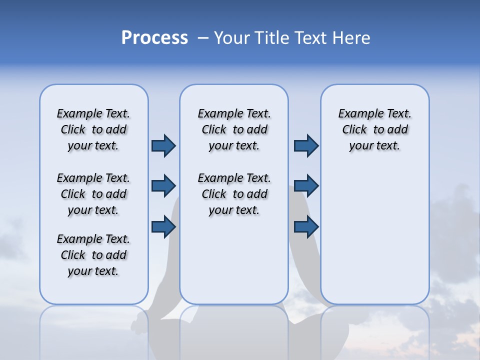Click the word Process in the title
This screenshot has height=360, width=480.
(154, 38)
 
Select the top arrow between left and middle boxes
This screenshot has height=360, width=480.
(163, 145)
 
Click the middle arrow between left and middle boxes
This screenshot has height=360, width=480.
(163, 186)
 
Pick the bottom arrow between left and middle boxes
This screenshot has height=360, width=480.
(163, 226)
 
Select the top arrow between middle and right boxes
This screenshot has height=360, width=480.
(306, 145)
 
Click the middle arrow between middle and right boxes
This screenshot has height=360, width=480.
(306, 186)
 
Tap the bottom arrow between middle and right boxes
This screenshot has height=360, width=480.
(306, 226)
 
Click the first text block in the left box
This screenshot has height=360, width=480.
(93, 129)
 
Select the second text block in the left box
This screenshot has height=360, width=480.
(93, 194)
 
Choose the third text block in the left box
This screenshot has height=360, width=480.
(93, 255)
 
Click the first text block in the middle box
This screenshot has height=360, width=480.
(234, 129)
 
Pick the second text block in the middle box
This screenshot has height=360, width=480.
(234, 194)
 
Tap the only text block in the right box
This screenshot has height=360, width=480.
(374, 129)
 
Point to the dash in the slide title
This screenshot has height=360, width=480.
(203, 38)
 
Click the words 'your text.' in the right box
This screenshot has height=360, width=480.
(374, 146)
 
